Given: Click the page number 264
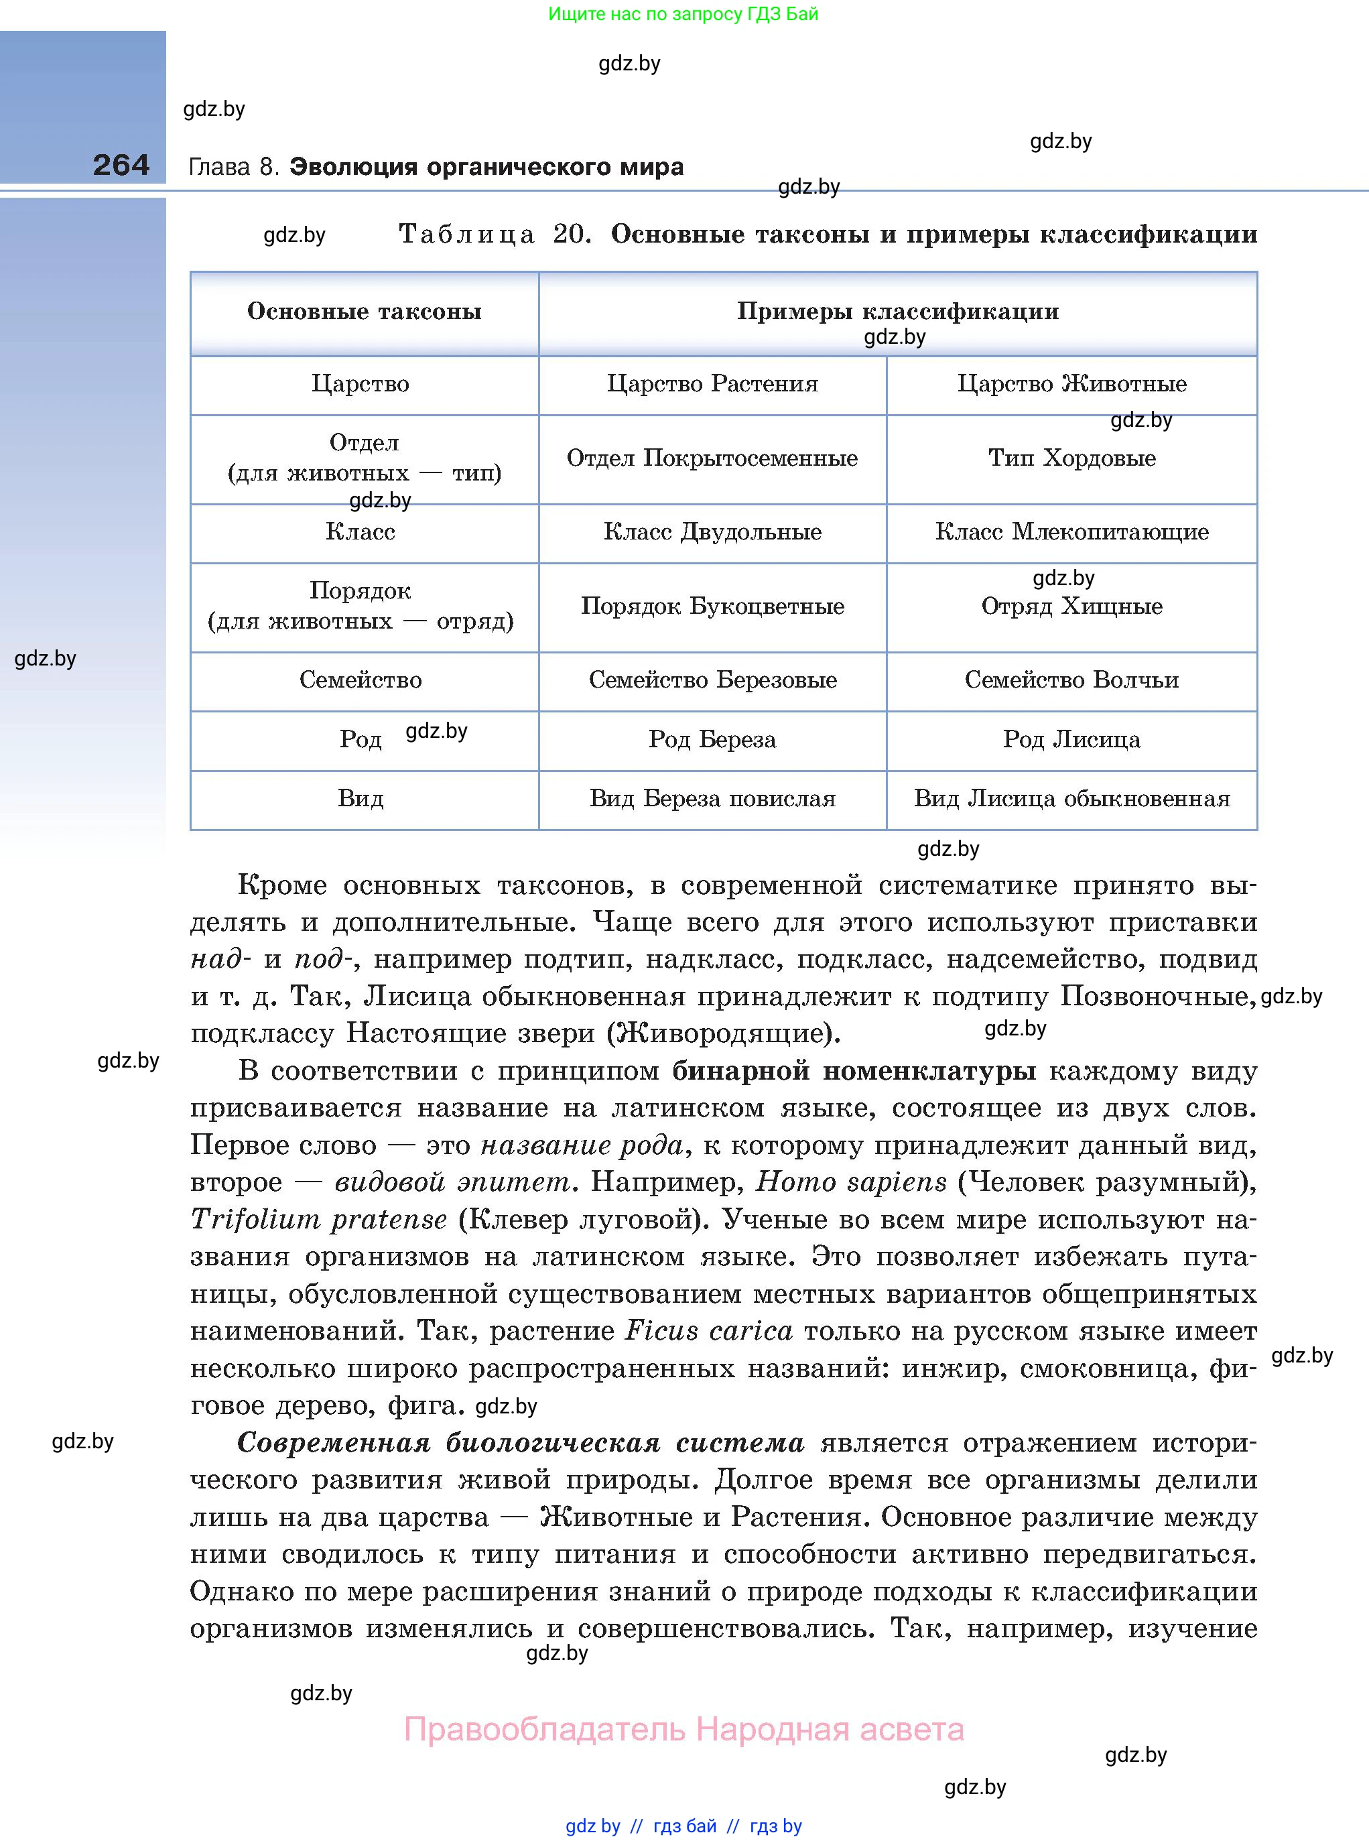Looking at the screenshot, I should (121, 165).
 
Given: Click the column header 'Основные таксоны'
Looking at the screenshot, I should (364, 312).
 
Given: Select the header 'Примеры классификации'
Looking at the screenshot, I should (897, 312).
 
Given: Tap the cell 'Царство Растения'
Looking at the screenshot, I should (712, 384).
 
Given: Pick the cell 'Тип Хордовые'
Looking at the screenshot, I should (1071, 458).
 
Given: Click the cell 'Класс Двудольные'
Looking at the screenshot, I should (712, 532).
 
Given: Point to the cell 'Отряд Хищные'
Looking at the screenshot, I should (1071, 607).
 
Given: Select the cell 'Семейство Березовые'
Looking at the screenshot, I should (712, 680).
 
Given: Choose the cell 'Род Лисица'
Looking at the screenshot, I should (1071, 739).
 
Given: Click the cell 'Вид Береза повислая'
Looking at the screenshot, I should (712, 799).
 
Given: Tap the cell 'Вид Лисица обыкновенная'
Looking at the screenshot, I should (1071, 799).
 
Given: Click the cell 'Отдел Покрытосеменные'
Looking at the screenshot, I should (712, 458).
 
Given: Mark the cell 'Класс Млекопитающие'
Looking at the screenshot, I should (1071, 532).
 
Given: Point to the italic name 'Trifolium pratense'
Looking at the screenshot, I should (319, 1220).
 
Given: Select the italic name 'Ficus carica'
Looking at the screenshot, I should (708, 1332).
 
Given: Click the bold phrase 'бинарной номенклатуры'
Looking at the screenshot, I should (854, 1072).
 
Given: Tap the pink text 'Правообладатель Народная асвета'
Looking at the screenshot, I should (683, 1730).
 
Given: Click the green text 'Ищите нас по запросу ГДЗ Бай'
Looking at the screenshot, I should (683, 13).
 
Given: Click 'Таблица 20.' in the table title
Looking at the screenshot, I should (495, 235).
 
